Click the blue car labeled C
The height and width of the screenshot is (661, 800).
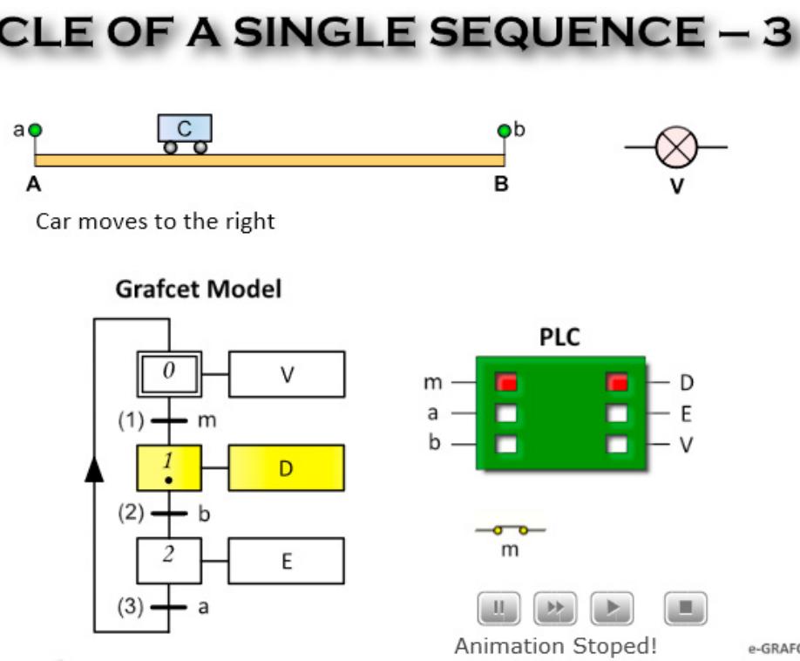(x=184, y=133)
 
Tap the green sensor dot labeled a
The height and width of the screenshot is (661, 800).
(x=35, y=131)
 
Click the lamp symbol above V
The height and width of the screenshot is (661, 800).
(x=677, y=147)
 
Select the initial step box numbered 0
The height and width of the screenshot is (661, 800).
(x=169, y=373)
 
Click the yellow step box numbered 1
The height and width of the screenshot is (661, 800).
(x=169, y=467)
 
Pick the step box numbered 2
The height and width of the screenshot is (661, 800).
(x=169, y=560)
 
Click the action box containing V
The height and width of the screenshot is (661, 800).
(x=287, y=374)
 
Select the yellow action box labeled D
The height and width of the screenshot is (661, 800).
(x=287, y=467)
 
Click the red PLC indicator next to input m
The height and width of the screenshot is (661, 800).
(x=506, y=382)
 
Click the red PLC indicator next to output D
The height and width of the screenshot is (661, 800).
(x=617, y=382)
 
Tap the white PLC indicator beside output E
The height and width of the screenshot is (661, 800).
(x=617, y=413)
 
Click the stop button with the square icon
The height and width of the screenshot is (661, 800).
(x=686, y=607)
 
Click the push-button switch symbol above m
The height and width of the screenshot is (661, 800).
(x=510, y=529)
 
